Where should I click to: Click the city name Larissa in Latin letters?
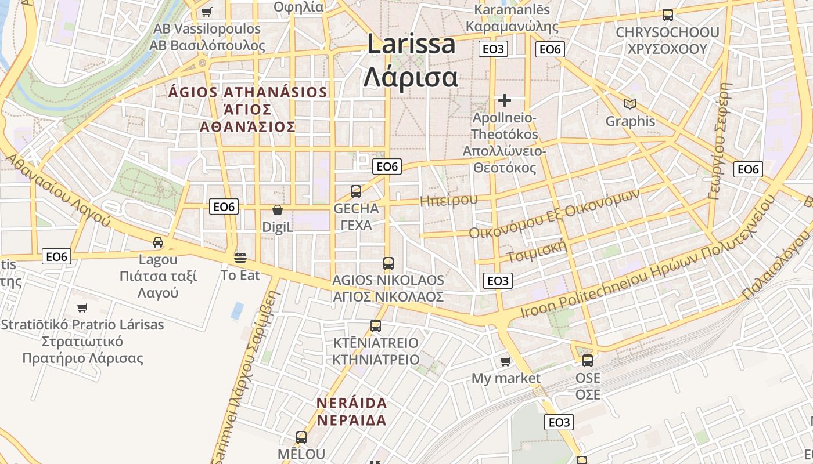pos(411,45)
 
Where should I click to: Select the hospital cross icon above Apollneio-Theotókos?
pos(505,100)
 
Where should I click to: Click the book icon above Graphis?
pos(630,104)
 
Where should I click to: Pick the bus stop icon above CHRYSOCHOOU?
pos(668,15)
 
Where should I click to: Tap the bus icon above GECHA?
pos(356,191)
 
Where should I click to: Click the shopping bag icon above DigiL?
pos(278,210)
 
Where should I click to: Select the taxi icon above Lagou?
pos(158,242)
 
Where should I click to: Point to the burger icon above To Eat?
pos(240,258)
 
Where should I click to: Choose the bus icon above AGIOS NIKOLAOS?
pos(388,263)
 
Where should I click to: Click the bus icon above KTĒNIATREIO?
pos(376,326)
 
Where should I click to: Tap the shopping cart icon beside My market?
pos(505,362)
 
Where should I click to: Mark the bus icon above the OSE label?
pos(588,361)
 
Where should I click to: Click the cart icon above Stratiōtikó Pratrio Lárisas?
pos(82,307)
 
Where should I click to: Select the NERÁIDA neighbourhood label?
pos(352,403)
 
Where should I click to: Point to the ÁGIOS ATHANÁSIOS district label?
pos(248,92)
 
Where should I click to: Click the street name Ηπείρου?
pos(448,201)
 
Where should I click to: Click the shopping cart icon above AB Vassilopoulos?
pos(207,12)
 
